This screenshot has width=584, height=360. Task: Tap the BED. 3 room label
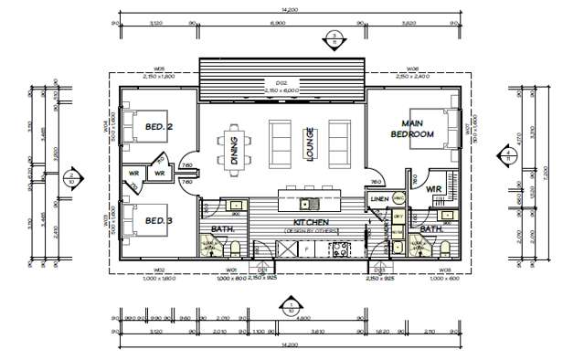coord(160,220)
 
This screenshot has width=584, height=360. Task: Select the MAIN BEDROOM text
coord(412,128)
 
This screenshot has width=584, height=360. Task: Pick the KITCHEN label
coord(310,223)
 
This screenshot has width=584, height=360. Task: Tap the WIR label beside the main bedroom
coord(434,189)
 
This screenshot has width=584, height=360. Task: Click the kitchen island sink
coord(310,202)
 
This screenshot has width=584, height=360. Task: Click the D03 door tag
coord(378,270)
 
